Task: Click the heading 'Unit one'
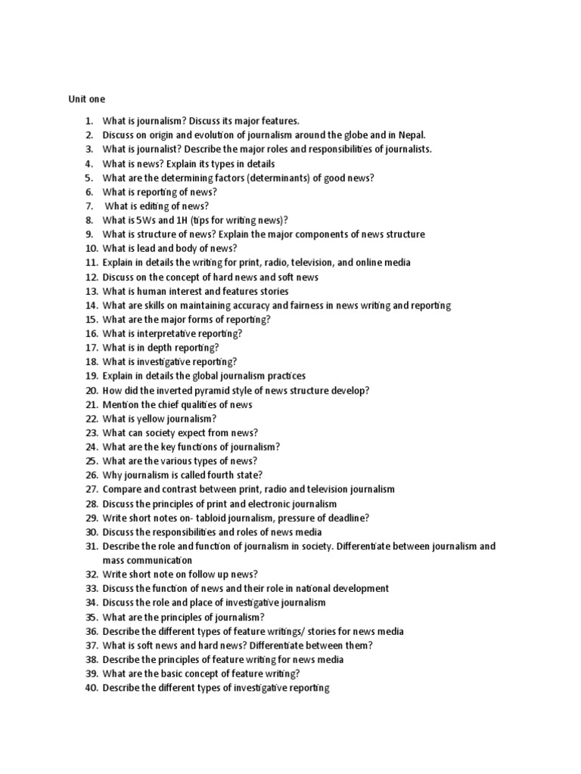[x=87, y=99]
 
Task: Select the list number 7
[x=89, y=206]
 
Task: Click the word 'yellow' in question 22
[x=151, y=419]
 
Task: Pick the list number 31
[x=91, y=546]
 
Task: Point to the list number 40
[x=91, y=688]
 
